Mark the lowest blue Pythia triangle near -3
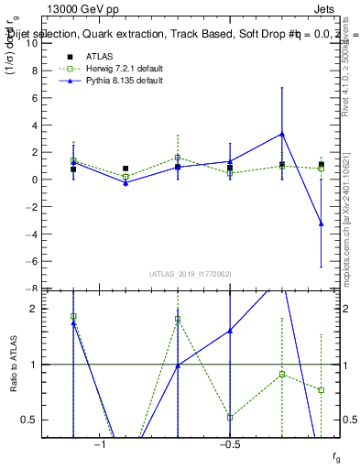[x=322, y=224]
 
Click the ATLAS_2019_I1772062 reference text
[x=191, y=273]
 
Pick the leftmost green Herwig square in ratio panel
[x=73, y=316]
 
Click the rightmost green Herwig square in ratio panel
[x=322, y=390]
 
